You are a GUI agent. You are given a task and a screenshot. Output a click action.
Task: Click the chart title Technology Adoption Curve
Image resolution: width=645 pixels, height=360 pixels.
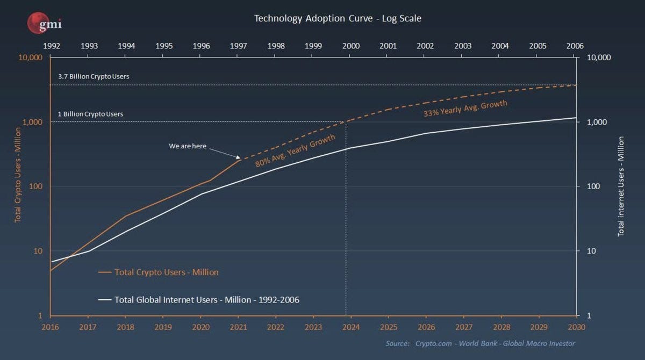(x=337, y=18)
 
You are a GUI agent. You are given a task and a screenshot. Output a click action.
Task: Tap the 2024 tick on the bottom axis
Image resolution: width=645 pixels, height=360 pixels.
(x=351, y=326)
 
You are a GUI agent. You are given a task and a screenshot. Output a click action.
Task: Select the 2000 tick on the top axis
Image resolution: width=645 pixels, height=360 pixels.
(x=351, y=46)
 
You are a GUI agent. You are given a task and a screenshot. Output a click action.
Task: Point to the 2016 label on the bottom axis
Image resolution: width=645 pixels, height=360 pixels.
(x=51, y=326)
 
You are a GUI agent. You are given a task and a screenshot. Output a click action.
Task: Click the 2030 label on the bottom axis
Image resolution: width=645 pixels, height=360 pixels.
(x=576, y=326)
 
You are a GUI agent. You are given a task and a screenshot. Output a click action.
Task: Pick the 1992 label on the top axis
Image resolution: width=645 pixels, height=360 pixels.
(x=51, y=46)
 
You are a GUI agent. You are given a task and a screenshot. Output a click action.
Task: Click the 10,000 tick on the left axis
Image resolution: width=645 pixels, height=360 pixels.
(x=31, y=57)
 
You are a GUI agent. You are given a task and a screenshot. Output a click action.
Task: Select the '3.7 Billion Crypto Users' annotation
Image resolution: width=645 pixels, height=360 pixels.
(x=94, y=76)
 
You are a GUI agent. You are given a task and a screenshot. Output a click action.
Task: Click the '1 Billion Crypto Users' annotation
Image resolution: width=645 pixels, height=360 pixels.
(x=90, y=114)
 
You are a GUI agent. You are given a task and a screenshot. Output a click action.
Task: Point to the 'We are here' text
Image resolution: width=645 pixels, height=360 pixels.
(x=188, y=146)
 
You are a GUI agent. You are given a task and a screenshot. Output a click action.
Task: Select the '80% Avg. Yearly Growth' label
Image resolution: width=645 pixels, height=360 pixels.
(x=295, y=150)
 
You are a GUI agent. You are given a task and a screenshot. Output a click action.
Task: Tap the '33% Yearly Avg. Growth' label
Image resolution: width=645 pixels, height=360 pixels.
(x=465, y=109)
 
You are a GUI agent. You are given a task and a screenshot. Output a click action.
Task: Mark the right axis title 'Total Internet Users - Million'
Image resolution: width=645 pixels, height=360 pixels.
(x=621, y=186)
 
